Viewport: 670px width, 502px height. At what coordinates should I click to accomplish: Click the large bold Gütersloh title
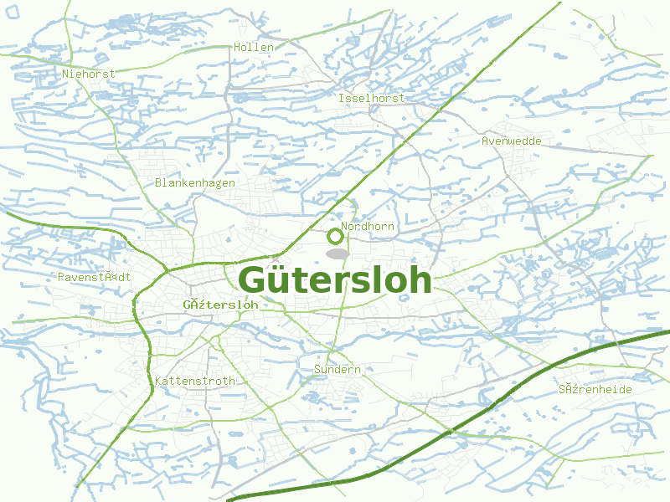tap(335, 280)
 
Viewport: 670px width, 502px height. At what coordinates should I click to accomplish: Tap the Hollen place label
tap(254, 48)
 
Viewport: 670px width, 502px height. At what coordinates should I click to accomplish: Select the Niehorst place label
tap(89, 74)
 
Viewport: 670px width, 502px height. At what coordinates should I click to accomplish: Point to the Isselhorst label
tap(371, 98)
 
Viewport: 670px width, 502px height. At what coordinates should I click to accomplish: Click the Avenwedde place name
tap(511, 141)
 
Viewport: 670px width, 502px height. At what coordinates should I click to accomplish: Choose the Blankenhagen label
tap(195, 182)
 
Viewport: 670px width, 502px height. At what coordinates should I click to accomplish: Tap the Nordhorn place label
tap(368, 226)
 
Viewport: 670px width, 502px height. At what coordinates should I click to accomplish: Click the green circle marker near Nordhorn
tap(335, 235)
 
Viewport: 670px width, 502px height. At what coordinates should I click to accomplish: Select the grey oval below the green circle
tap(337, 253)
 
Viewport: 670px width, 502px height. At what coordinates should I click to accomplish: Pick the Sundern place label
tap(337, 369)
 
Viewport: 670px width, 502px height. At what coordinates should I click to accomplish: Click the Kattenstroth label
tap(195, 381)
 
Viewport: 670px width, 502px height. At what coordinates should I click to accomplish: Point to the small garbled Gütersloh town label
tap(220, 305)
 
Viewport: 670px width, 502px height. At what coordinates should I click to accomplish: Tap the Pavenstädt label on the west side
tap(95, 277)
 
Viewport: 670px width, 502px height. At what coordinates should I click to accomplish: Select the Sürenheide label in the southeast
tap(595, 390)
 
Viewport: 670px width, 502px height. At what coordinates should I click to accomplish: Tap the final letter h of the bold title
tap(420, 279)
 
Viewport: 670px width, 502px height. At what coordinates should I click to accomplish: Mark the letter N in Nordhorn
tap(345, 226)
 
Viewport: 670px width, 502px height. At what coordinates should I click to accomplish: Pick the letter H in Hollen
tap(239, 48)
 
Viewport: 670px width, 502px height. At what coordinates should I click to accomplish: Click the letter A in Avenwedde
tap(485, 141)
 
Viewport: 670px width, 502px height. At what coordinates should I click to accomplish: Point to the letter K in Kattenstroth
tap(159, 381)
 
